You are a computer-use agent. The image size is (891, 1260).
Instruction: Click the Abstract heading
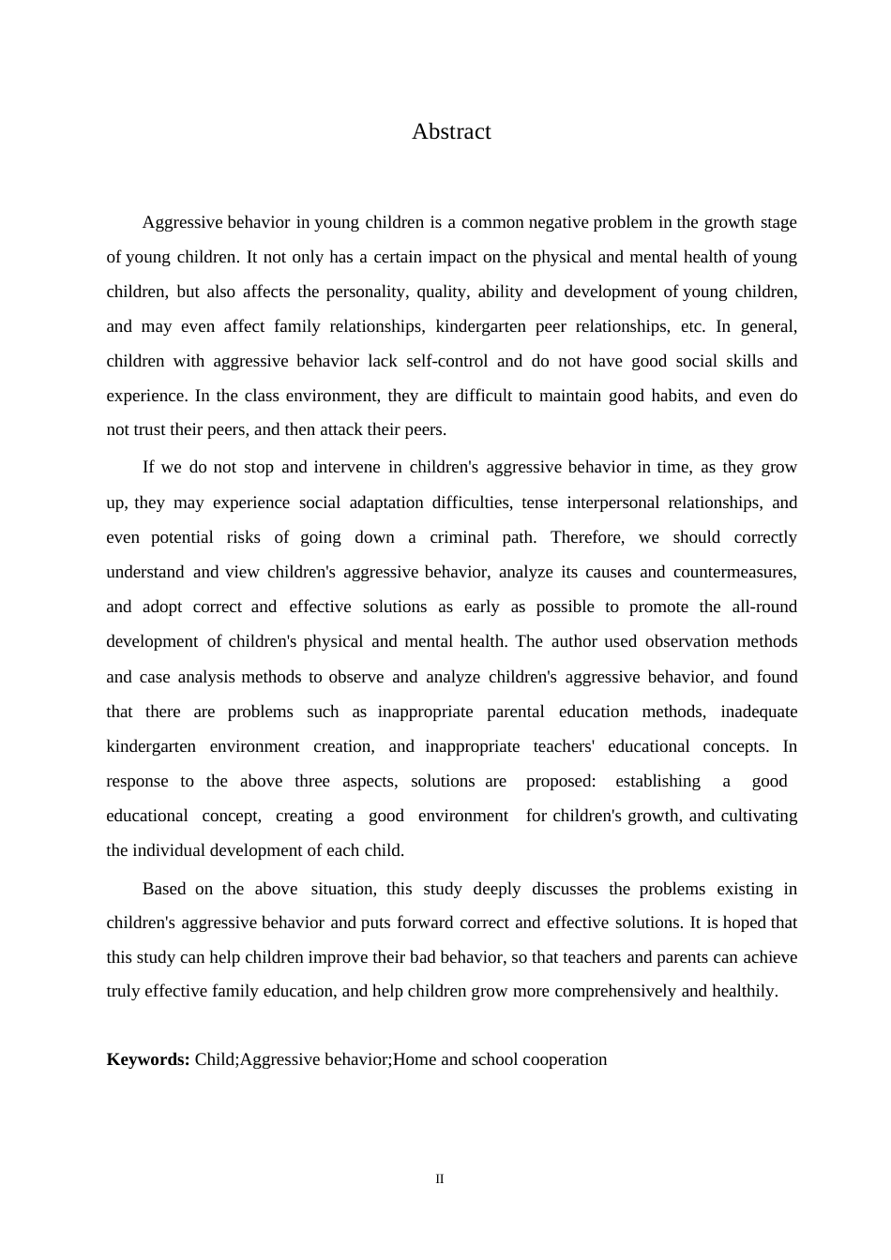click(451, 132)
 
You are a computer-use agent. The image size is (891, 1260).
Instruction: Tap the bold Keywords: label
click(148, 1059)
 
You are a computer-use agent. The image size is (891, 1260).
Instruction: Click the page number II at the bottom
click(439, 1178)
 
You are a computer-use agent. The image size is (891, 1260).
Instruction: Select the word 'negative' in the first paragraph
click(558, 222)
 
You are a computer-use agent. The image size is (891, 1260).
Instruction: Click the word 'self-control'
click(446, 361)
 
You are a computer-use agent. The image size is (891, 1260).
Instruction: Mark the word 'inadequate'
click(759, 712)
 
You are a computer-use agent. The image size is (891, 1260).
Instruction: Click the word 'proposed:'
click(560, 781)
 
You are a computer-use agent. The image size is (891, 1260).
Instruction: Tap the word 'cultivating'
click(759, 816)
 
